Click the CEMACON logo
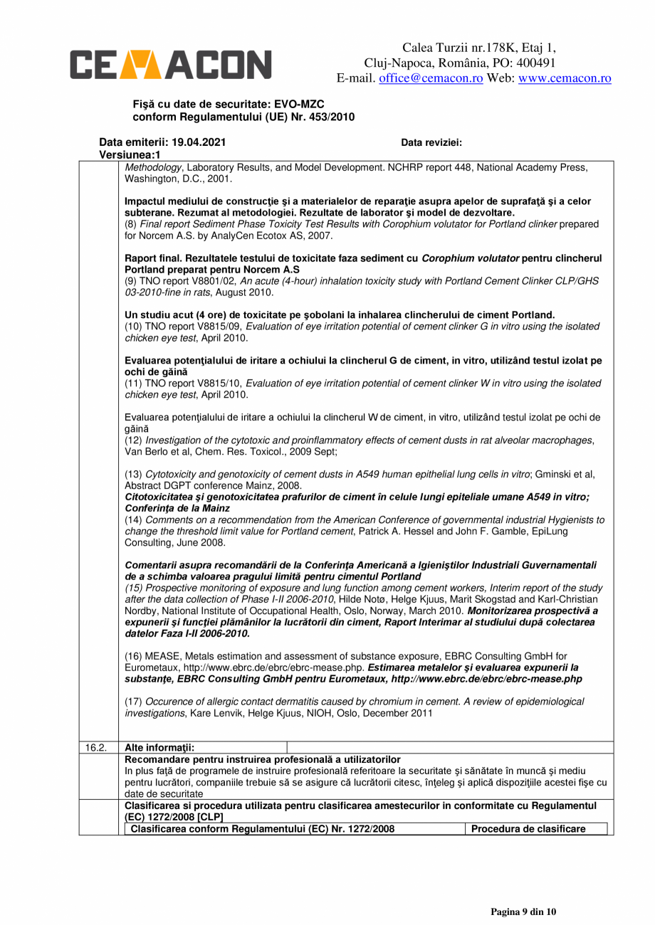tap(170, 63)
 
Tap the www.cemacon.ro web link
tap(565, 78)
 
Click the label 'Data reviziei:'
tap(431, 142)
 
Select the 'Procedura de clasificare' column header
tap(538, 829)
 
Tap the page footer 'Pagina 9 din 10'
tap(523, 911)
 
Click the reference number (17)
tap(133, 702)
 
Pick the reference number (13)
tap(133, 475)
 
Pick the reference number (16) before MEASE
tap(133, 656)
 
